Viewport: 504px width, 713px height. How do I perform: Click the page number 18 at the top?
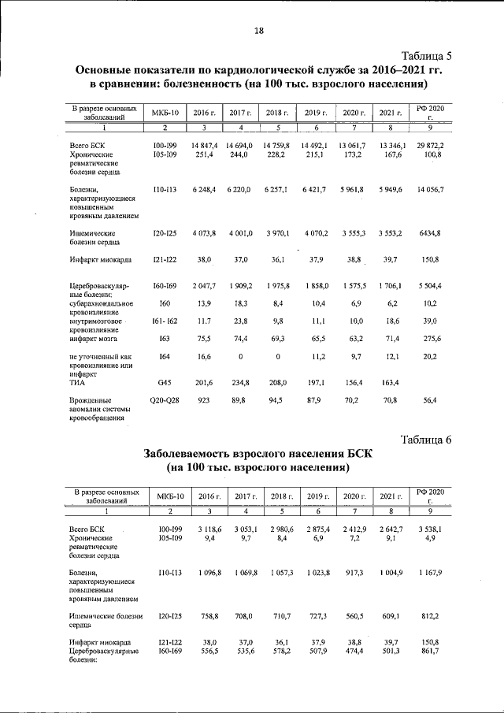coord(258,31)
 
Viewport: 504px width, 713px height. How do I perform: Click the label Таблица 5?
coord(426,55)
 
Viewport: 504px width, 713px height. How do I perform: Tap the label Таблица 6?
coord(426,439)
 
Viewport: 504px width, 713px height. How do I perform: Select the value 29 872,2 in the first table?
coord(430,146)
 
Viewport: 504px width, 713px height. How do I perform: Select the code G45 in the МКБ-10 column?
coord(165,382)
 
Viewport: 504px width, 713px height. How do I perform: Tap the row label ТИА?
coord(76,382)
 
